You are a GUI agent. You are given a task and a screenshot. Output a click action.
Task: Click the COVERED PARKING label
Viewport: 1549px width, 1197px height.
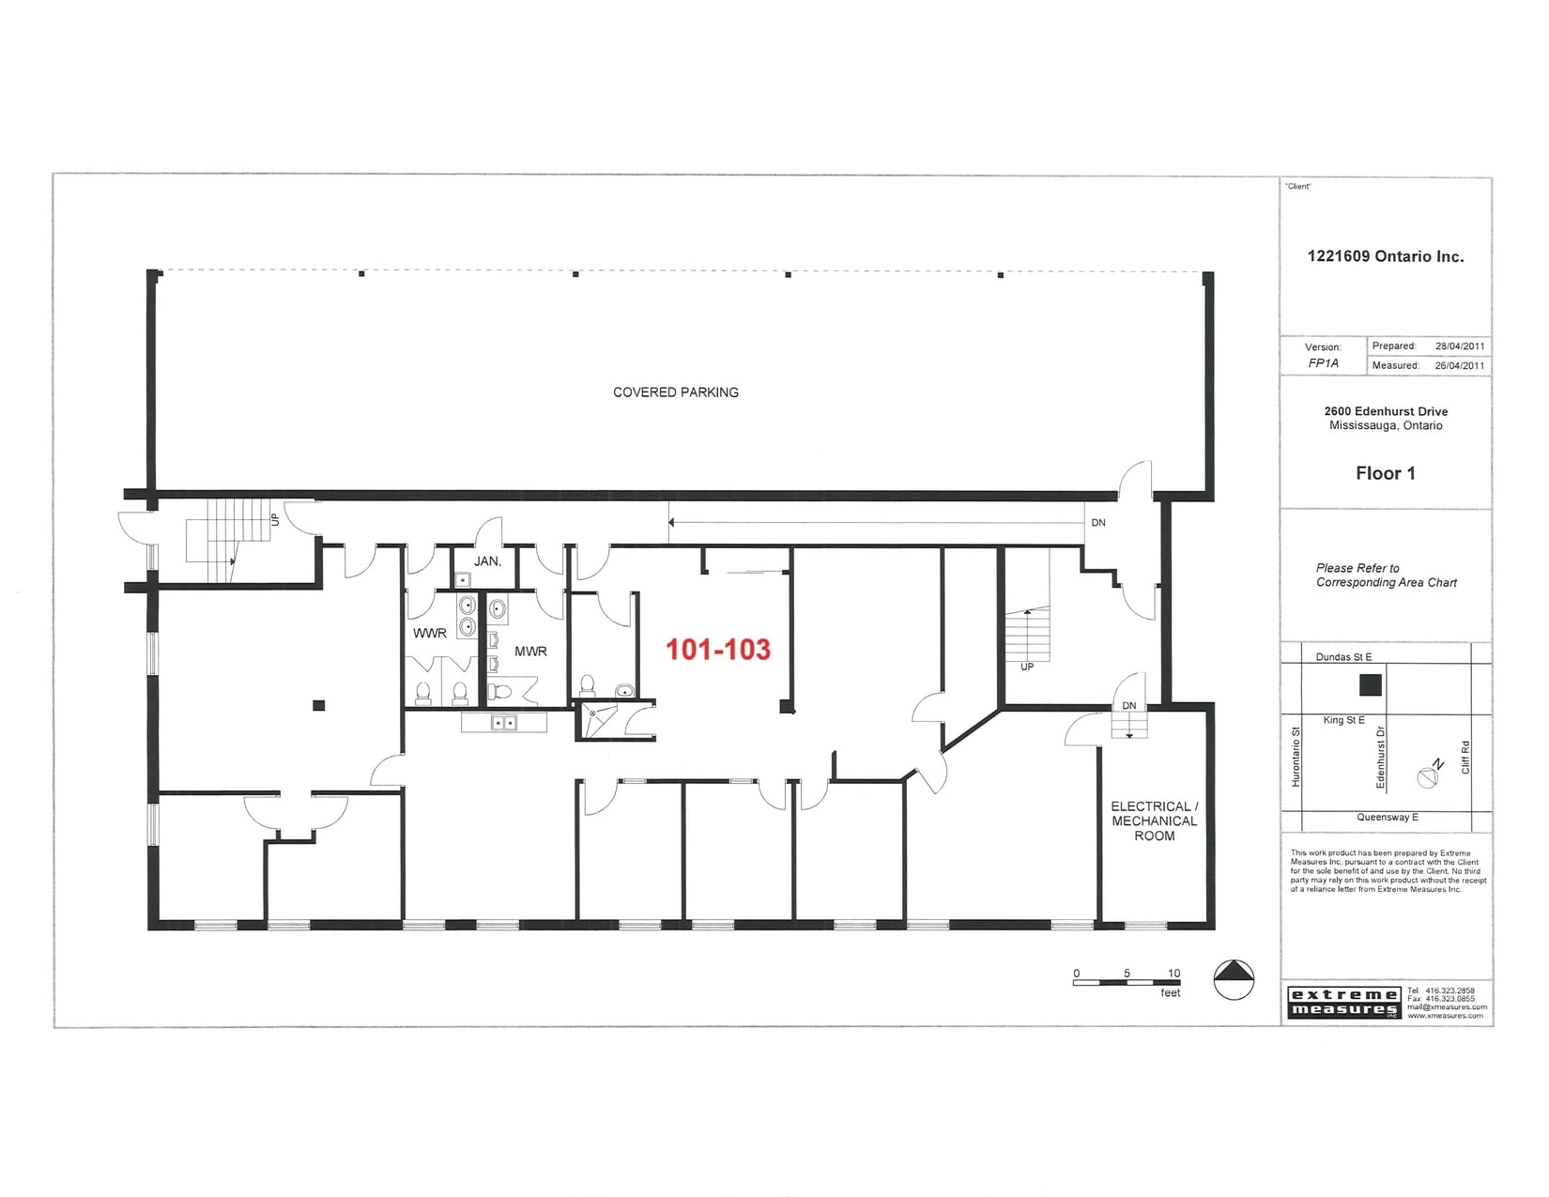pyautogui.click(x=675, y=392)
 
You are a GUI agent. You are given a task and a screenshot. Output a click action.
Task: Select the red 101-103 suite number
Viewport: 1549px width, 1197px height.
pyautogui.click(x=718, y=650)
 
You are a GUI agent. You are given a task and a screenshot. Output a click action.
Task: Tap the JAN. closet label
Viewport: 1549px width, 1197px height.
pyautogui.click(x=487, y=561)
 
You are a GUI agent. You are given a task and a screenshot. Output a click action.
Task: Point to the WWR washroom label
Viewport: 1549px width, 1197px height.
pyautogui.click(x=430, y=634)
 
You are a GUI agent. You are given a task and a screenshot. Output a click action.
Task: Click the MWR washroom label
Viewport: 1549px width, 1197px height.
pyautogui.click(x=530, y=652)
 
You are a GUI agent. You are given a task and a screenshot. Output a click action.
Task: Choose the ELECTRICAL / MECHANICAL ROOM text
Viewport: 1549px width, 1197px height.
pyautogui.click(x=1154, y=821)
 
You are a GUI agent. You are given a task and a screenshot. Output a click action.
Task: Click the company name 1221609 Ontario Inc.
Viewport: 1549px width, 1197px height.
pyautogui.click(x=1385, y=256)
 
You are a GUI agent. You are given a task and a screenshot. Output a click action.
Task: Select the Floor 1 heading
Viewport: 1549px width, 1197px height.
pyautogui.click(x=1385, y=473)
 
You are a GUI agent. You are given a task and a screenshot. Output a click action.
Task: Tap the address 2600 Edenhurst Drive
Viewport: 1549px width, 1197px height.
pyautogui.click(x=1386, y=411)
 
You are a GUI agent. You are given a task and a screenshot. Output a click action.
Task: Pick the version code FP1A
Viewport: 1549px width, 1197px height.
pyautogui.click(x=1323, y=363)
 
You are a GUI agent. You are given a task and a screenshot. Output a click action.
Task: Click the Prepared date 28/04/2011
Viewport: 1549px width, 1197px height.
pyautogui.click(x=1460, y=346)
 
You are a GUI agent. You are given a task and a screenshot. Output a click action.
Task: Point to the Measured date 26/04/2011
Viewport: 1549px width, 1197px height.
pyautogui.click(x=1460, y=366)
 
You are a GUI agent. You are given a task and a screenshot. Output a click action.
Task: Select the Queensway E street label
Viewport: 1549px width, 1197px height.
pyautogui.click(x=1387, y=818)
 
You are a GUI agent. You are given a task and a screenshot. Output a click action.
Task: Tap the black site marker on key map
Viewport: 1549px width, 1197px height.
pyautogui.click(x=1371, y=684)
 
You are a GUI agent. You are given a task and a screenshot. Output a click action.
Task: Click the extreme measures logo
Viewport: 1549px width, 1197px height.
pyautogui.click(x=1343, y=1003)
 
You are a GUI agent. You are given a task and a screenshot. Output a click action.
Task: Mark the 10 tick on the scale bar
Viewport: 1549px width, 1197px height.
pyautogui.click(x=1173, y=974)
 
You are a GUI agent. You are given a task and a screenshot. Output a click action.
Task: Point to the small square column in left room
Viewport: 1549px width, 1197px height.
pyautogui.click(x=319, y=705)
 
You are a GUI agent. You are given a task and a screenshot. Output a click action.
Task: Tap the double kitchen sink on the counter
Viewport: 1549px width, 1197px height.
pyautogui.click(x=504, y=722)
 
